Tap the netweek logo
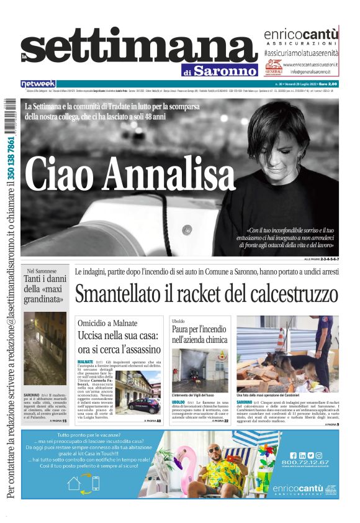[x=38, y=83]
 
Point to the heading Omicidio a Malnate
[x=107, y=323]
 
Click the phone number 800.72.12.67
[x=304, y=462]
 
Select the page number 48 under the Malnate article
[x=159, y=421]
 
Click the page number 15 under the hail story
[x=63, y=421]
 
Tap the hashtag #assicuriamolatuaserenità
[x=301, y=54]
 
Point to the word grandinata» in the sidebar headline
[x=45, y=299]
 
